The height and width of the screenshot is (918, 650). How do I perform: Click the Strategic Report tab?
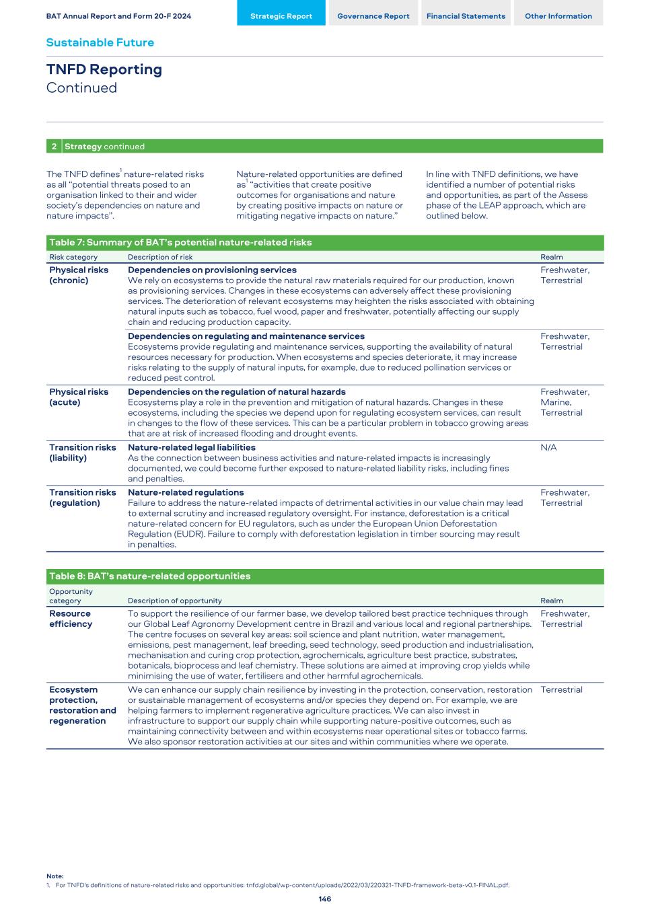pyautogui.click(x=281, y=16)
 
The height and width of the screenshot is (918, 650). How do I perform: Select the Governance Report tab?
pyautogui.click(x=373, y=16)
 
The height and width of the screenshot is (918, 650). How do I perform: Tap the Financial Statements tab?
pyautogui.click(x=466, y=16)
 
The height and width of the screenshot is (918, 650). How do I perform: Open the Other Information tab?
pyautogui.click(x=558, y=16)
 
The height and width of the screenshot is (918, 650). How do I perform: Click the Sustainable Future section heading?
pyautogui.click(x=100, y=42)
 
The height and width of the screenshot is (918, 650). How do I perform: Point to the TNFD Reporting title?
pyautogui.click(x=104, y=69)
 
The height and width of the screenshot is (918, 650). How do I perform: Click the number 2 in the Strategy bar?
pyautogui.click(x=54, y=147)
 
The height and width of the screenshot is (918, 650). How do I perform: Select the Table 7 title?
pyautogui.click(x=180, y=242)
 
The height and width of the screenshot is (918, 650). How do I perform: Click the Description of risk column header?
pyautogui.click(x=160, y=257)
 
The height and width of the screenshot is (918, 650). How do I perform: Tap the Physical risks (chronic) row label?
pyautogui.click(x=78, y=275)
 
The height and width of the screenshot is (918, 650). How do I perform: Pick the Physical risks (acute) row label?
pyautogui.click(x=78, y=397)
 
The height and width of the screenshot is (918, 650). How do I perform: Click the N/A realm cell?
pyautogui.click(x=548, y=447)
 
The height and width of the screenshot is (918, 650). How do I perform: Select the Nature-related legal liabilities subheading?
pyautogui.click(x=191, y=447)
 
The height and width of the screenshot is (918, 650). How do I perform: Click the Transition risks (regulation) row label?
pyautogui.click(x=82, y=498)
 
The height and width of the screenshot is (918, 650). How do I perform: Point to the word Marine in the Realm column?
pyautogui.click(x=555, y=402)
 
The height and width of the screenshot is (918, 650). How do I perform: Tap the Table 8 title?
pyautogui.click(x=149, y=576)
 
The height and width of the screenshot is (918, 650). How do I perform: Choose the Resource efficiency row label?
pyautogui.click(x=70, y=619)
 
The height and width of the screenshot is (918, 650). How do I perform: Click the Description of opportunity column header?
pyautogui.click(x=174, y=601)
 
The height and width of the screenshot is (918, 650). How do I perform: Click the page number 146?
pyautogui.click(x=324, y=898)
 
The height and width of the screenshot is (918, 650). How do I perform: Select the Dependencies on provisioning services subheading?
pyautogui.click(x=212, y=270)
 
